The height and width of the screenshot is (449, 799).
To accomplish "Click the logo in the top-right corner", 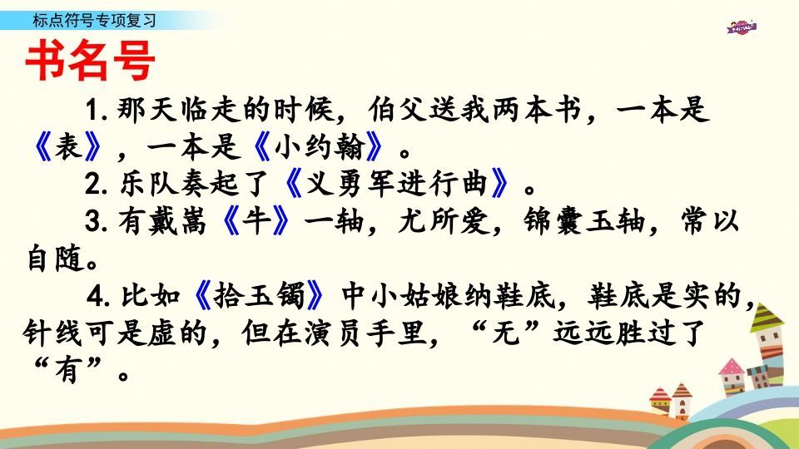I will tap(742, 27).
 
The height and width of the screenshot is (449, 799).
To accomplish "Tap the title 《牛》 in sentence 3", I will tap(261, 222).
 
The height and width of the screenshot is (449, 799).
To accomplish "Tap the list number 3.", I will tap(94, 222).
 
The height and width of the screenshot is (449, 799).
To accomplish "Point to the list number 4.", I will tap(94, 295).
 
